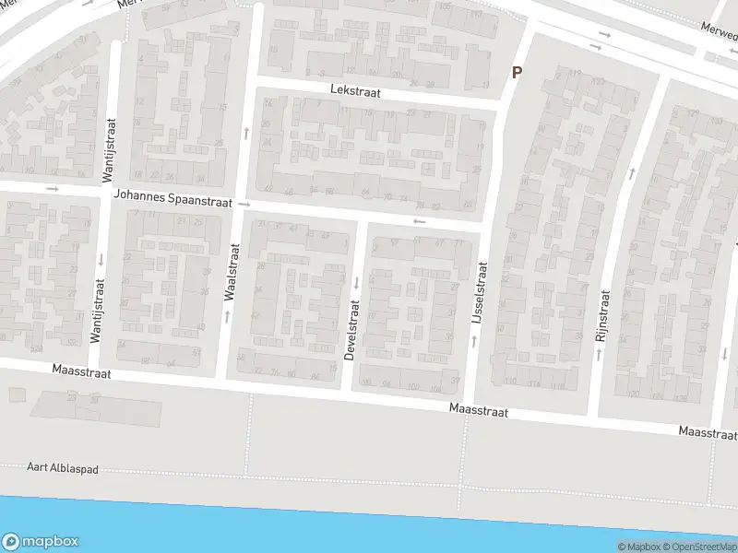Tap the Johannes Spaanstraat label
tap(173, 196)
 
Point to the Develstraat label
tap(351, 330)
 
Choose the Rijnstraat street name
tap(602, 317)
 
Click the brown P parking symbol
tap(517, 72)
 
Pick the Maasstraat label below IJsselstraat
tap(479, 411)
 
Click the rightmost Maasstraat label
tap(708, 431)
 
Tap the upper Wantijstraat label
tap(108, 147)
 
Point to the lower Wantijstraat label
tap(96, 312)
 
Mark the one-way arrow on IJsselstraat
tap(474, 341)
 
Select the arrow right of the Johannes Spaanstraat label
tap(244, 204)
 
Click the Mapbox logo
tap(41, 542)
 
